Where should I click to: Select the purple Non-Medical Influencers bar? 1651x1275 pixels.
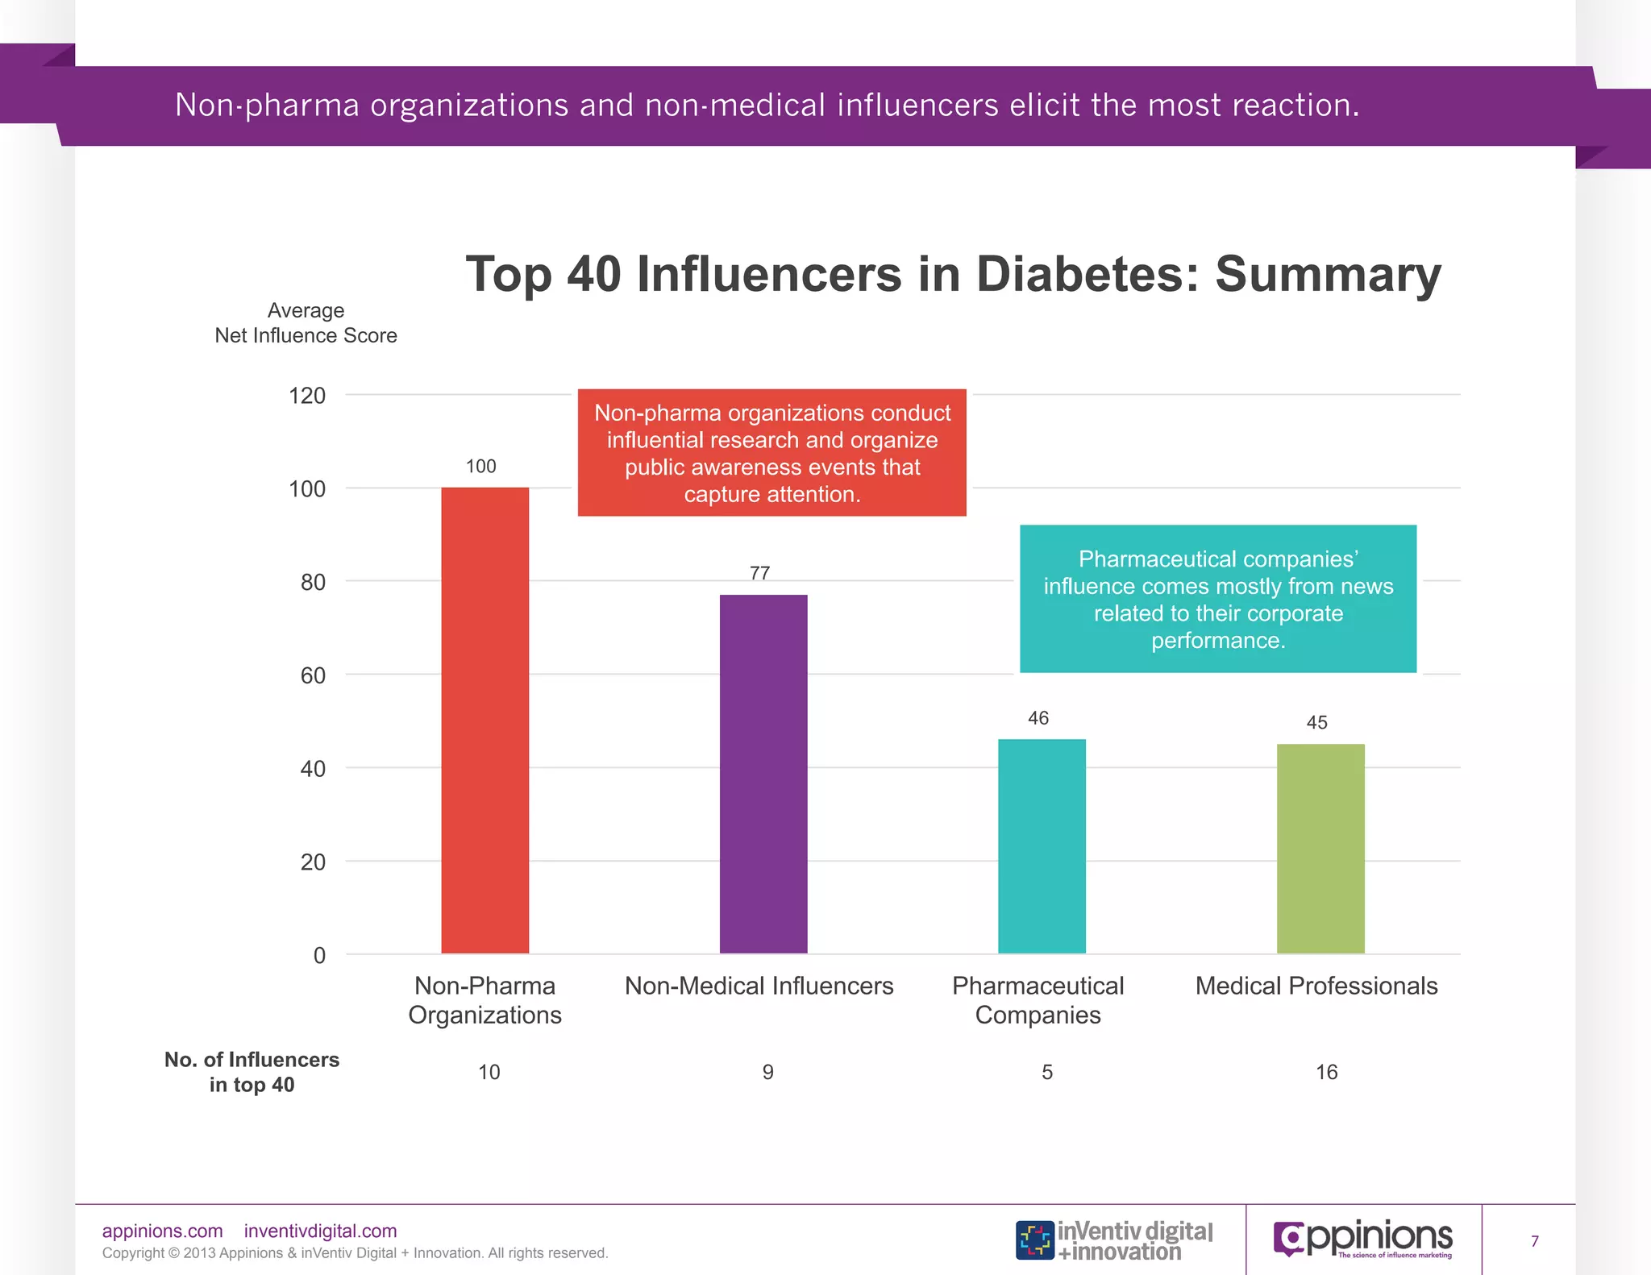tap(763, 774)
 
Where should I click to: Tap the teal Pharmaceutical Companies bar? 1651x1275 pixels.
tap(1042, 846)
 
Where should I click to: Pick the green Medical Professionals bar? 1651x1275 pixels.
tap(1320, 848)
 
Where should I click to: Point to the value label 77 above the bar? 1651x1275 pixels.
tap(759, 573)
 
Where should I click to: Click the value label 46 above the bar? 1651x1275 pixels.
tap(1038, 718)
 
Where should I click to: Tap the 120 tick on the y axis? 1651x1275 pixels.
tap(307, 396)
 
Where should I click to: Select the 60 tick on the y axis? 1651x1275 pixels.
tap(313, 675)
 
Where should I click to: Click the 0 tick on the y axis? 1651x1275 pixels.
tap(319, 955)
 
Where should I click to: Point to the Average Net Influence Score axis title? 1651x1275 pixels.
tap(306, 323)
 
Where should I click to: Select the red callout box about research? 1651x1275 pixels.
tap(771, 453)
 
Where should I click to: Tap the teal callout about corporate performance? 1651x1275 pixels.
tap(1217, 599)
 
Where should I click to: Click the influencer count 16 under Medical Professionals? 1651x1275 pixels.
tap(1326, 1072)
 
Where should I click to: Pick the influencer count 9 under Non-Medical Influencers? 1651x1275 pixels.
tap(767, 1072)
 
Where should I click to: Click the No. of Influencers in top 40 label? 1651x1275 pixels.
tap(252, 1072)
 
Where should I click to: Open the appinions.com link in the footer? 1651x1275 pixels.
tap(162, 1231)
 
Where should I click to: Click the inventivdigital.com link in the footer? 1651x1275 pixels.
tap(320, 1231)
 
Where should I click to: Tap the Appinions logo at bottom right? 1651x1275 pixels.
tap(1363, 1239)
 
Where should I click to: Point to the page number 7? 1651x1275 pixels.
tap(1534, 1241)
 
